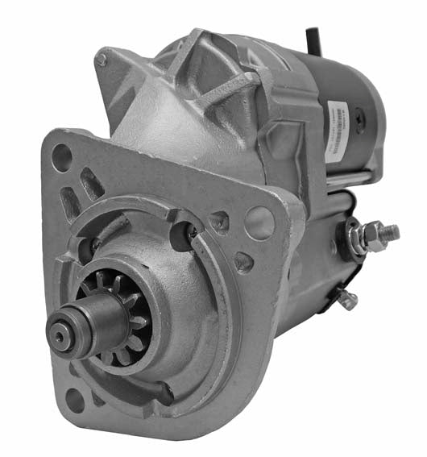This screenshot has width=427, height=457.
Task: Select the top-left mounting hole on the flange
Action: pos(62,158)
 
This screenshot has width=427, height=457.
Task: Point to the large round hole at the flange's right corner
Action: pos(259,222)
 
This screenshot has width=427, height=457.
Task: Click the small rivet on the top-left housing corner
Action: pos(101,60)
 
